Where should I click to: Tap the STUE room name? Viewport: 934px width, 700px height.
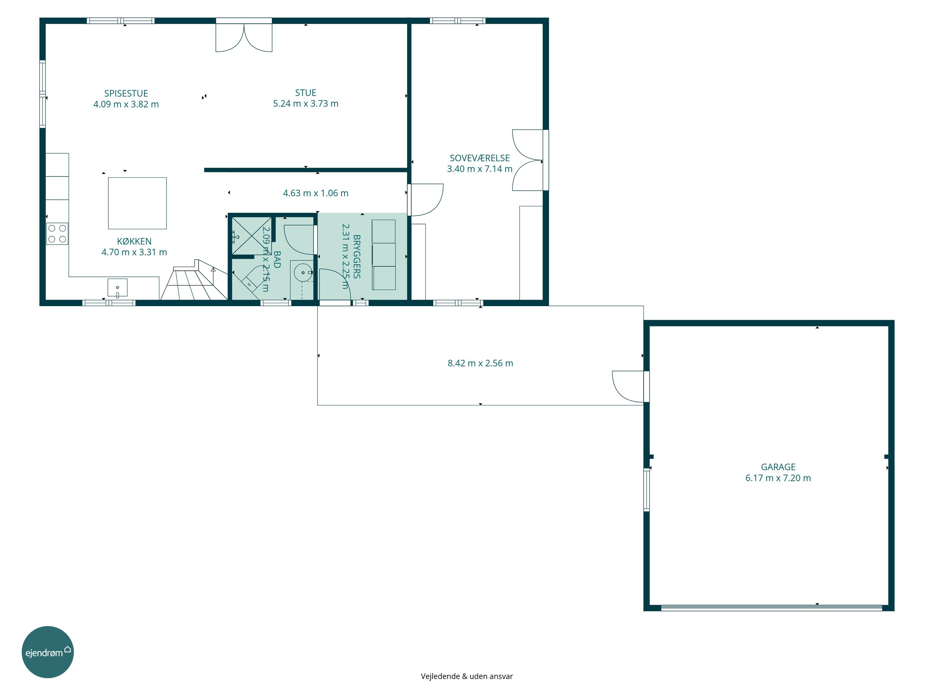click(306, 93)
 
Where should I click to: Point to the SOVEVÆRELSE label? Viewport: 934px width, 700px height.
click(480, 158)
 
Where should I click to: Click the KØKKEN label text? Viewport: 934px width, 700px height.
click(134, 241)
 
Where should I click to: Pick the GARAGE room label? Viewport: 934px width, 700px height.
click(778, 467)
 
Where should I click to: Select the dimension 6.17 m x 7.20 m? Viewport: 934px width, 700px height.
click(778, 478)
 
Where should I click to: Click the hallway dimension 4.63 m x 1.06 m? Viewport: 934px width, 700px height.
click(316, 193)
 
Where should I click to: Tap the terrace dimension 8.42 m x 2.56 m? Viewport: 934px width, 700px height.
click(480, 363)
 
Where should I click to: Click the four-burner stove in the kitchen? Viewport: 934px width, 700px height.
click(57, 234)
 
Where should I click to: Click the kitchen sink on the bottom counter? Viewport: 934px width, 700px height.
click(117, 288)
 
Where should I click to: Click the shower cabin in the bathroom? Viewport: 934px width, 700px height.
click(252, 236)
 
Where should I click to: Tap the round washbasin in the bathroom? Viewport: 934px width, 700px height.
click(303, 273)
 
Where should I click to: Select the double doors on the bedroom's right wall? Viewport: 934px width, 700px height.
click(527, 160)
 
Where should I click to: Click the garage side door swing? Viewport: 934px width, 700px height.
click(628, 386)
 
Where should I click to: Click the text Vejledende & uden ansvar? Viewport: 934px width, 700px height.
click(467, 676)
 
